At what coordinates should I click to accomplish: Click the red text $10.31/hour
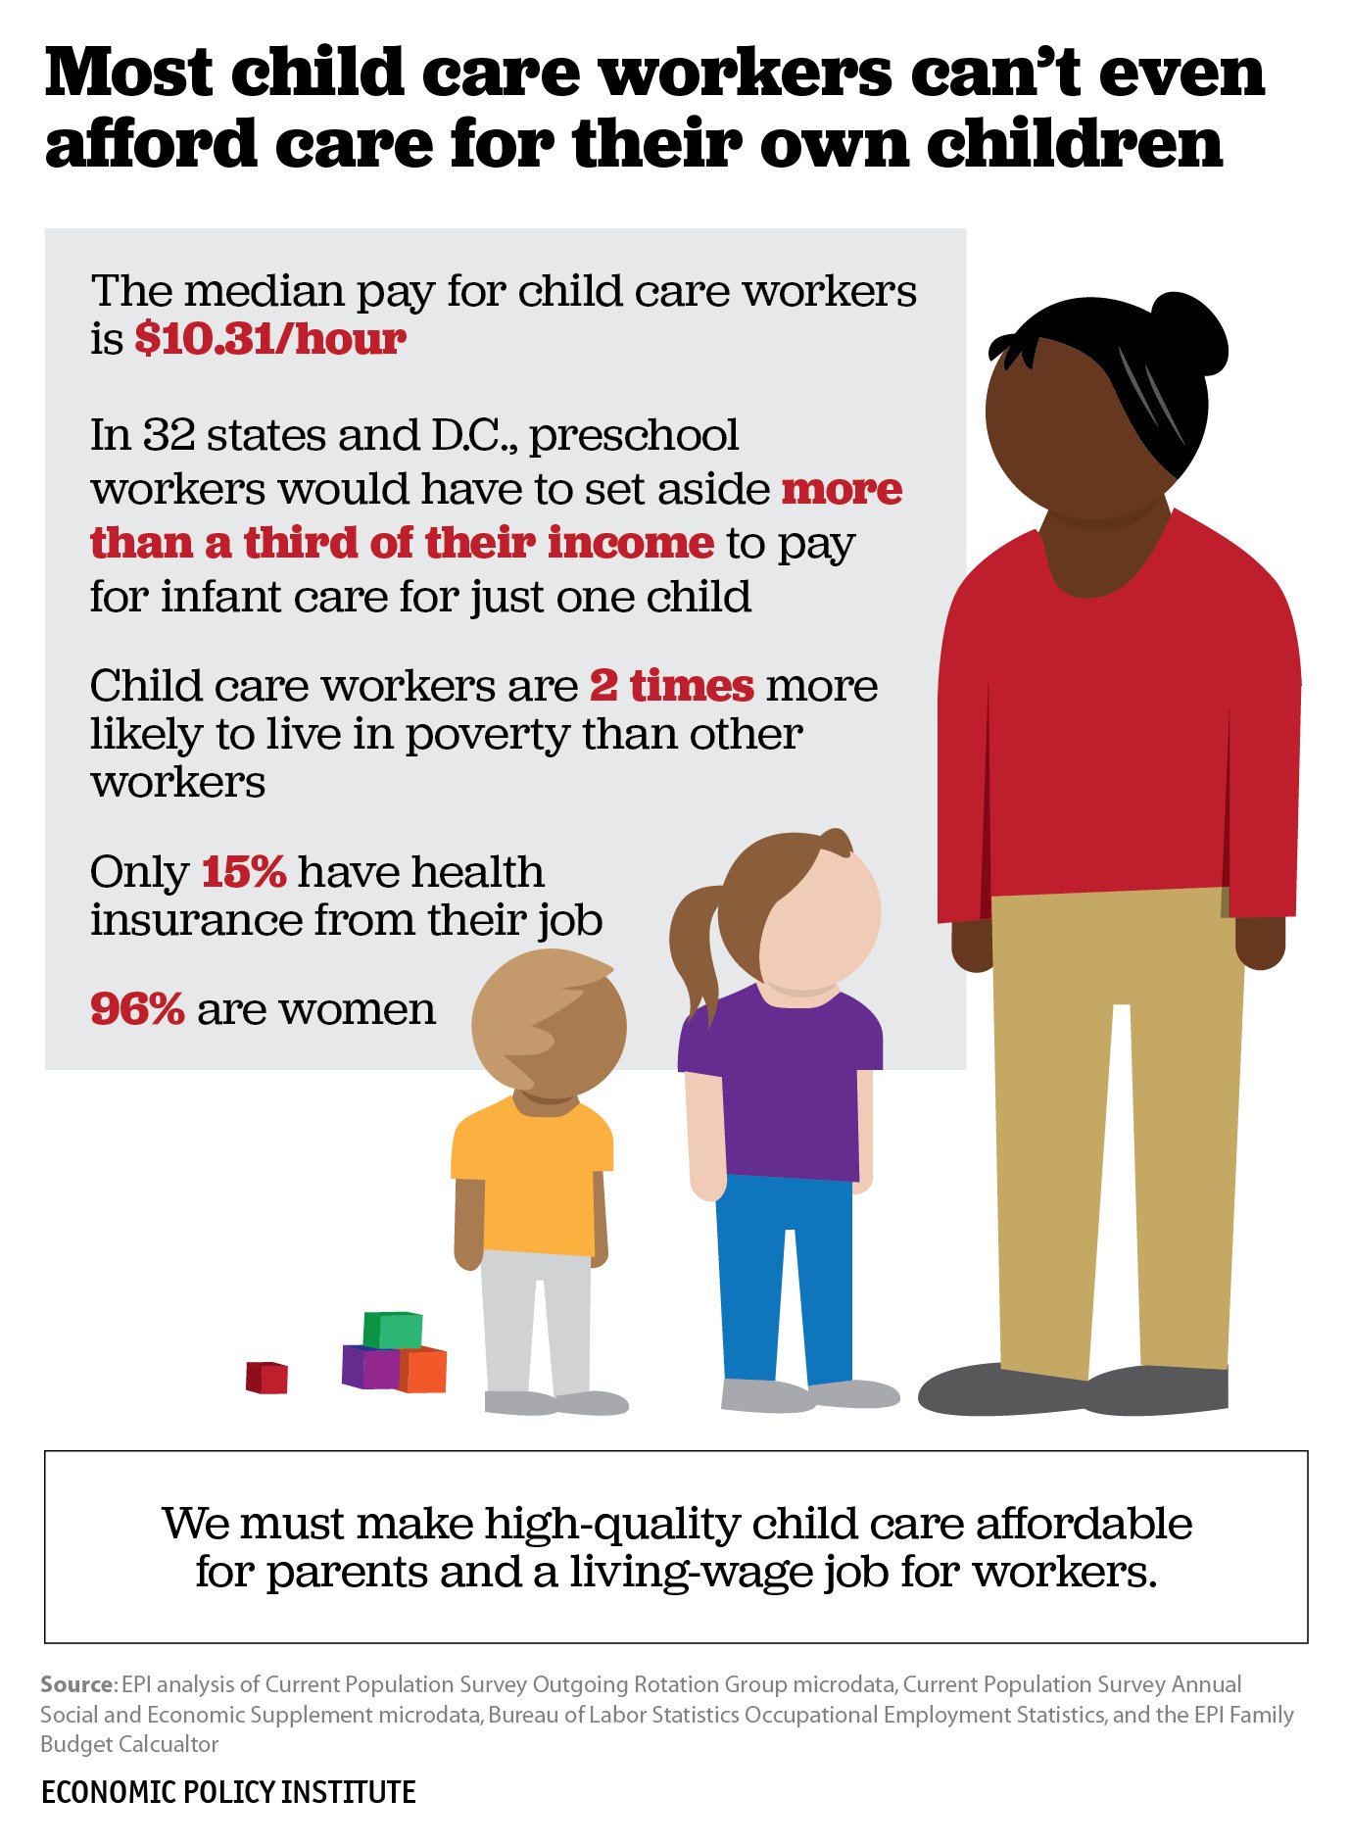coord(269,339)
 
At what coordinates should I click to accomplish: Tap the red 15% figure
coord(243,871)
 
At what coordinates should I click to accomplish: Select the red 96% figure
coord(137,1008)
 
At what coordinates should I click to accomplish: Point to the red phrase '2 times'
coord(671,686)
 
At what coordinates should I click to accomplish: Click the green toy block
coord(393,1330)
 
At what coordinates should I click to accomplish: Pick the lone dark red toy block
coord(266,1377)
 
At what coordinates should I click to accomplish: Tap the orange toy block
coord(423,1369)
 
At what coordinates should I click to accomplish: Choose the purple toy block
coord(369,1367)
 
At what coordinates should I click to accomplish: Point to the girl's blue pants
coord(784,1274)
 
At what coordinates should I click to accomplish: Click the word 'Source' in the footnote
coord(77,1684)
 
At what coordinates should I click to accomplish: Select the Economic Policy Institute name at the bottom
coord(228,1792)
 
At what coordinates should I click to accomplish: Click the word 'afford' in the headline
coord(150,143)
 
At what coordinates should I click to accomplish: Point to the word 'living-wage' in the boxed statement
coord(642,1572)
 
